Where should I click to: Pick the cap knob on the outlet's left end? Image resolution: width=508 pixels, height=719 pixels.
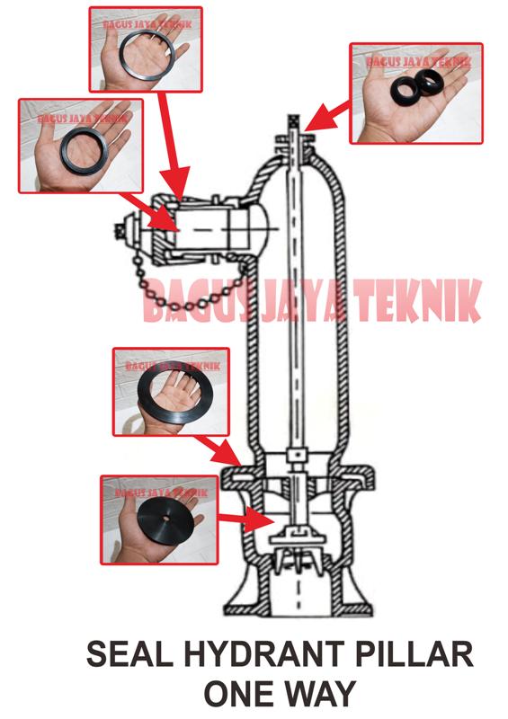pyautogui.click(x=119, y=228)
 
